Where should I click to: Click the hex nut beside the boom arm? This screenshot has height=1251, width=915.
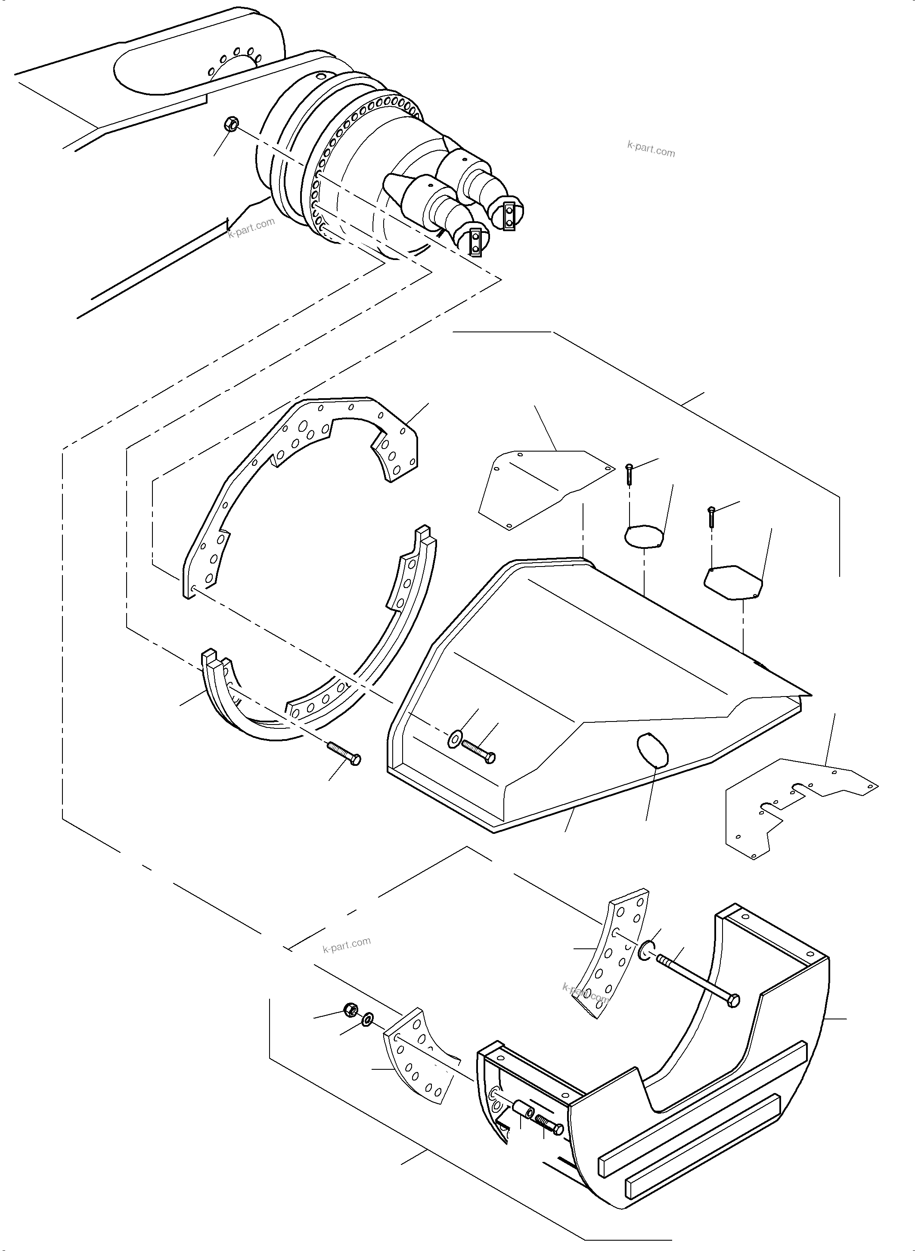point(232,124)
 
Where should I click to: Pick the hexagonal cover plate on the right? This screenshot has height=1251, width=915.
point(733,582)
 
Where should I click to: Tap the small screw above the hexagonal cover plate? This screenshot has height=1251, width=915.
point(712,517)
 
